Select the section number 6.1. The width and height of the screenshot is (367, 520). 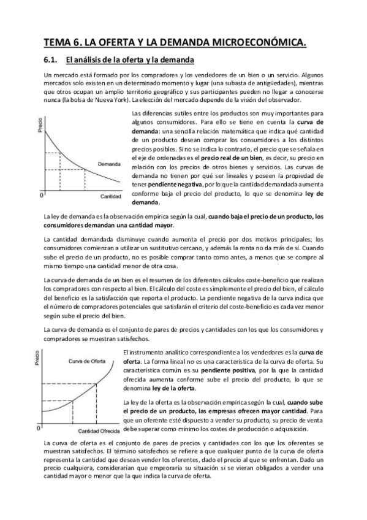click(51, 60)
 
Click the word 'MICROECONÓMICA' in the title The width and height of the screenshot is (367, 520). click(252, 42)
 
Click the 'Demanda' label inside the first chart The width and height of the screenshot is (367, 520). click(110, 164)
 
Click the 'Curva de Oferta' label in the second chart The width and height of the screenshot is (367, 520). click(87, 361)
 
